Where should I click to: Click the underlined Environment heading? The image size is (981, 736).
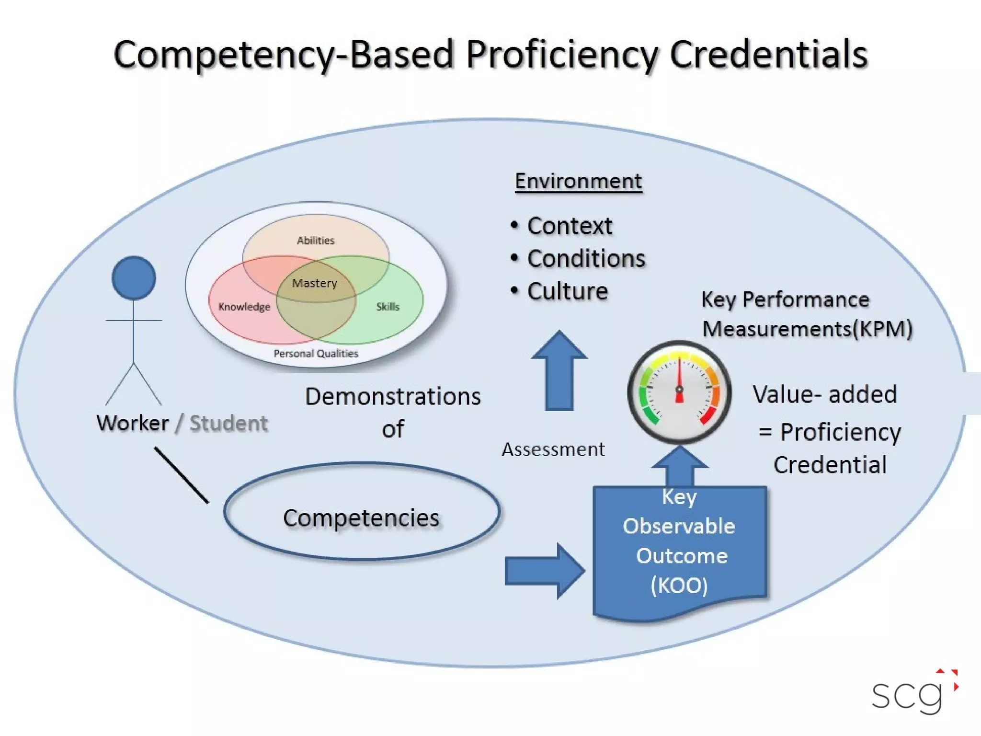click(x=578, y=182)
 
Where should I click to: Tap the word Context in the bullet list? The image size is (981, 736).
click(x=570, y=226)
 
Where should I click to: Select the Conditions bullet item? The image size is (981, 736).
click(x=586, y=259)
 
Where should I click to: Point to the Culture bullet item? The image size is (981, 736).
click(x=568, y=291)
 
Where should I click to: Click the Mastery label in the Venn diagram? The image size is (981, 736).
click(x=315, y=283)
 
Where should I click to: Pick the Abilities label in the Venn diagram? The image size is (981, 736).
click(x=316, y=241)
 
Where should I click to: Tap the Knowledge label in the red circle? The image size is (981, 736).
click(x=244, y=307)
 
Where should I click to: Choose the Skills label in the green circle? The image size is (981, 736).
click(x=388, y=307)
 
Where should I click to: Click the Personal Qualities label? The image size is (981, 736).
click(x=316, y=354)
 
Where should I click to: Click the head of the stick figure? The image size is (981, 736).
click(x=134, y=278)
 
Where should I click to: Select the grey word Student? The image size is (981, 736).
click(x=228, y=424)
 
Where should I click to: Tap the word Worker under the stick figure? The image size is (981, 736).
click(x=133, y=424)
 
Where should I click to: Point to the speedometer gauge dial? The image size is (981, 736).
click(x=679, y=392)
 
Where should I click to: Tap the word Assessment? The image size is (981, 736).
click(x=553, y=449)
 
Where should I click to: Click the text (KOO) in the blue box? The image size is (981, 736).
click(x=679, y=586)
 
